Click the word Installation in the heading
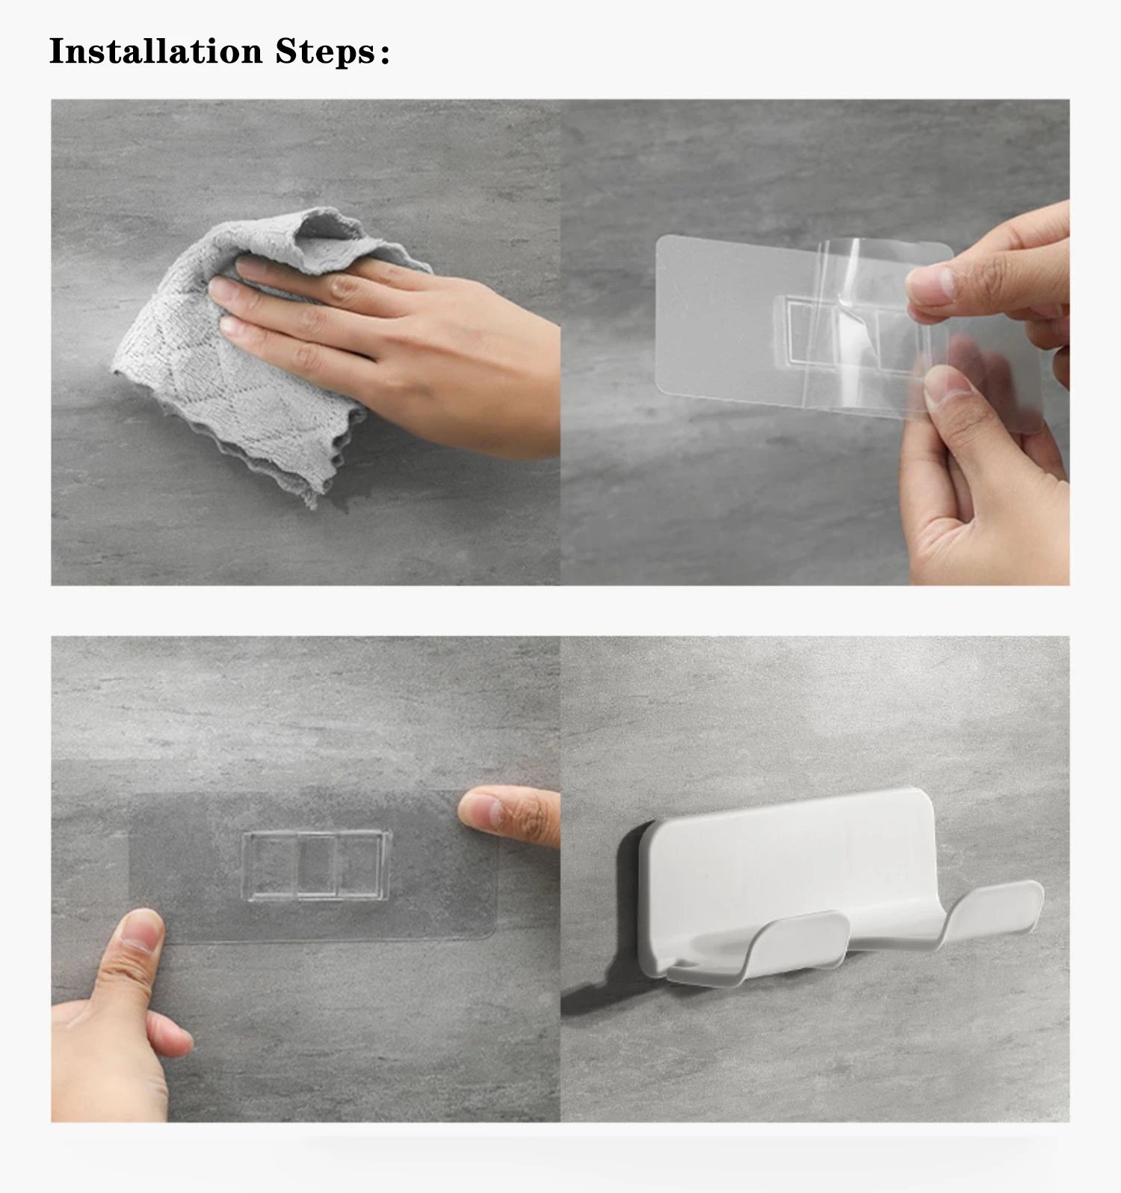155,51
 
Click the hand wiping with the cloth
389,344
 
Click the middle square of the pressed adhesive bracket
316,865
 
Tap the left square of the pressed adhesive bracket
270,865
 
